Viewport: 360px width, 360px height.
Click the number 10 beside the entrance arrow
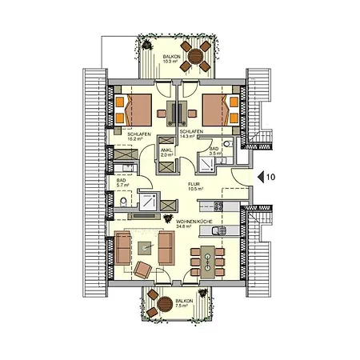click(271, 176)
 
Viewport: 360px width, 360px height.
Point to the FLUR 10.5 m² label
click(195, 187)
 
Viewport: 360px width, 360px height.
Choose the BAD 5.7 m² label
click(122, 185)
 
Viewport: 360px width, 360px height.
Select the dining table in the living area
click(207, 261)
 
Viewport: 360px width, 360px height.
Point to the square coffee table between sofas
click(145, 246)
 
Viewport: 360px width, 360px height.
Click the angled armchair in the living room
click(143, 270)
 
